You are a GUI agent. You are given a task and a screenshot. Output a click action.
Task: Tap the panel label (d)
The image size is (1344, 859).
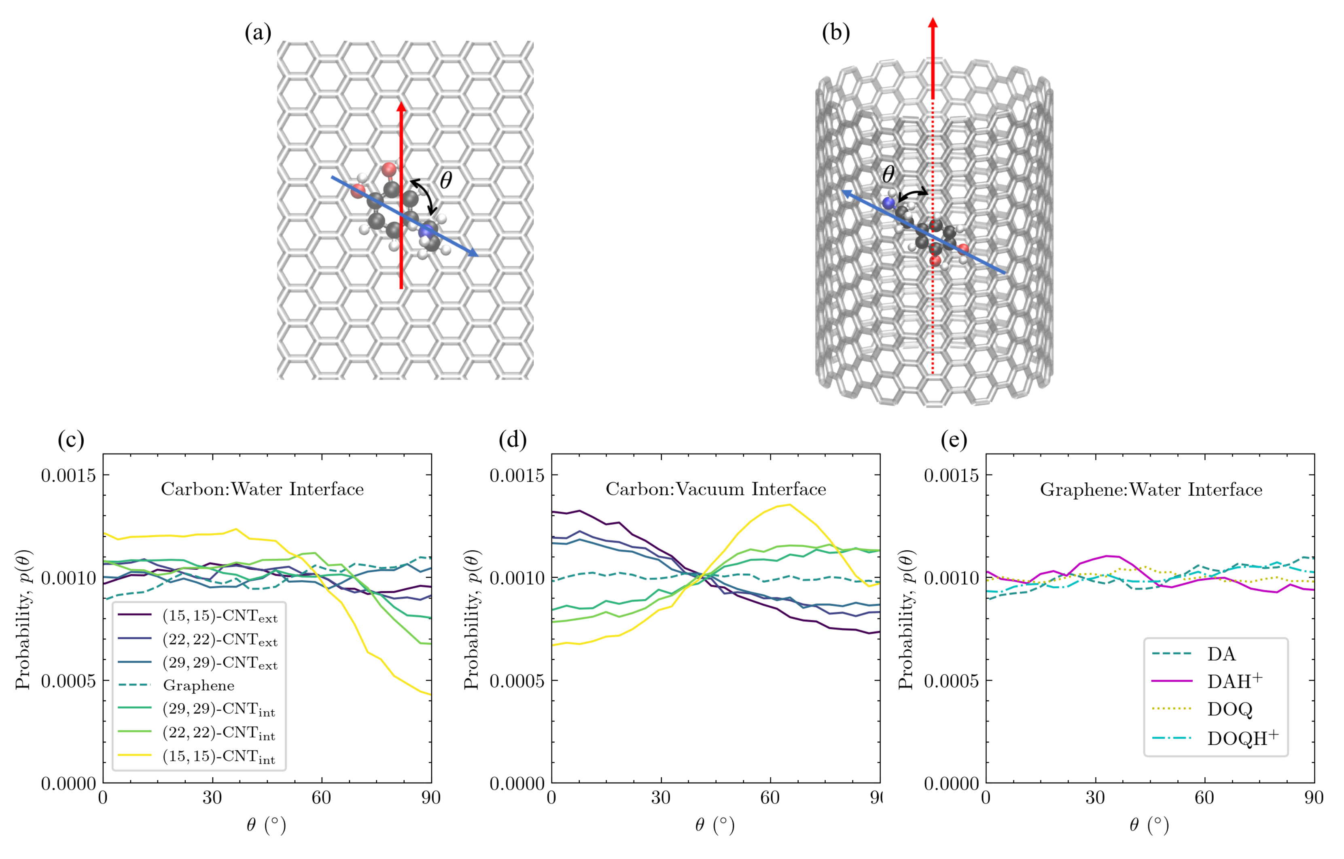click(x=512, y=440)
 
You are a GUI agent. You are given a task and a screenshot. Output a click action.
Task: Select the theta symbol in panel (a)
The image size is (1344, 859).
click(x=445, y=180)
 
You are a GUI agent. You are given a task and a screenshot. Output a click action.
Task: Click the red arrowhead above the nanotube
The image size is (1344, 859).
click(x=933, y=23)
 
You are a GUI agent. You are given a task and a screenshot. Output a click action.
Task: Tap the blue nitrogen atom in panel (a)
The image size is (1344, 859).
click(x=426, y=231)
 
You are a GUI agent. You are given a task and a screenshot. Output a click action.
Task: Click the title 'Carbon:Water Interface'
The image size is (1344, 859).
click(x=262, y=490)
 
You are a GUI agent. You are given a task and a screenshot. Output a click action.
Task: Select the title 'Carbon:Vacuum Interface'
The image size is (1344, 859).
click(x=716, y=490)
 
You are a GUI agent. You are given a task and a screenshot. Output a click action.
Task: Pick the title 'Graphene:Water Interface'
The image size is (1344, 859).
click(x=1151, y=490)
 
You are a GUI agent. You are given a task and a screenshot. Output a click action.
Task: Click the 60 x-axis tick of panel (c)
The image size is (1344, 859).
click(x=322, y=797)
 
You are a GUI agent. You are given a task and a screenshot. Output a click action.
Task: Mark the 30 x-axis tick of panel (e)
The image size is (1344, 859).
click(x=1095, y=797)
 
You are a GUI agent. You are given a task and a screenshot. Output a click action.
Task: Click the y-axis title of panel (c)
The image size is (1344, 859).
click(x=23, y=619)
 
